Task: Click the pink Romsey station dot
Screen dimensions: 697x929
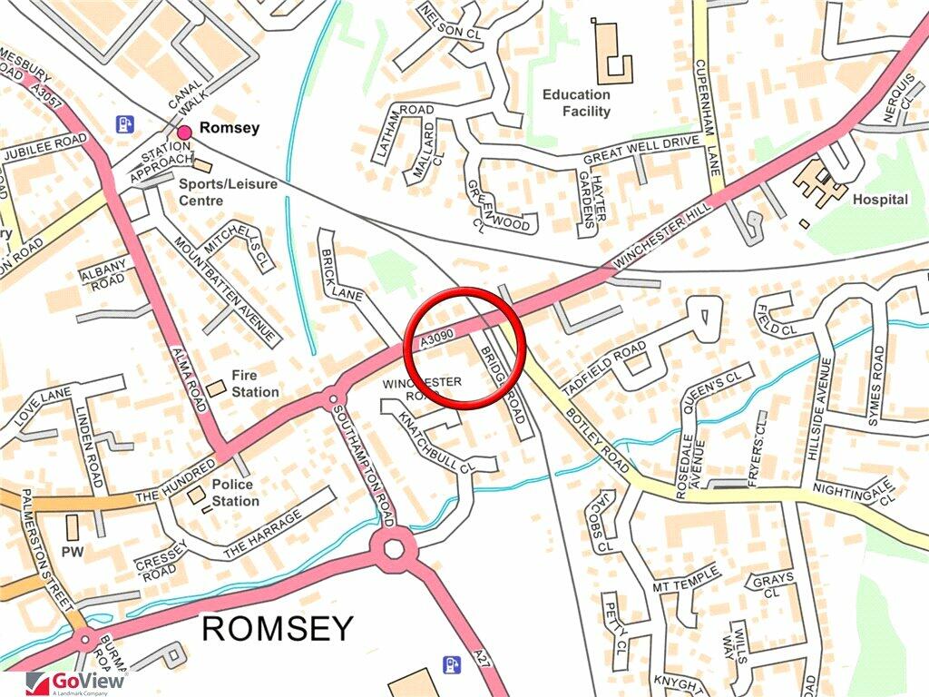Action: coord(184,133)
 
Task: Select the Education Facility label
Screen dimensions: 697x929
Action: coord(576,103)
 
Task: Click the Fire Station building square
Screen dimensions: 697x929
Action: coord(216,388)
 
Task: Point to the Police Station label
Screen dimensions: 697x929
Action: coord(235,493)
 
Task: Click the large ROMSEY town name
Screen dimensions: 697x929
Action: coord(276,628)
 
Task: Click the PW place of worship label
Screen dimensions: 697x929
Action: coord(72,551)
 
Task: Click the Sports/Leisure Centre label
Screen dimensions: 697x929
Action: coord(227,191)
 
